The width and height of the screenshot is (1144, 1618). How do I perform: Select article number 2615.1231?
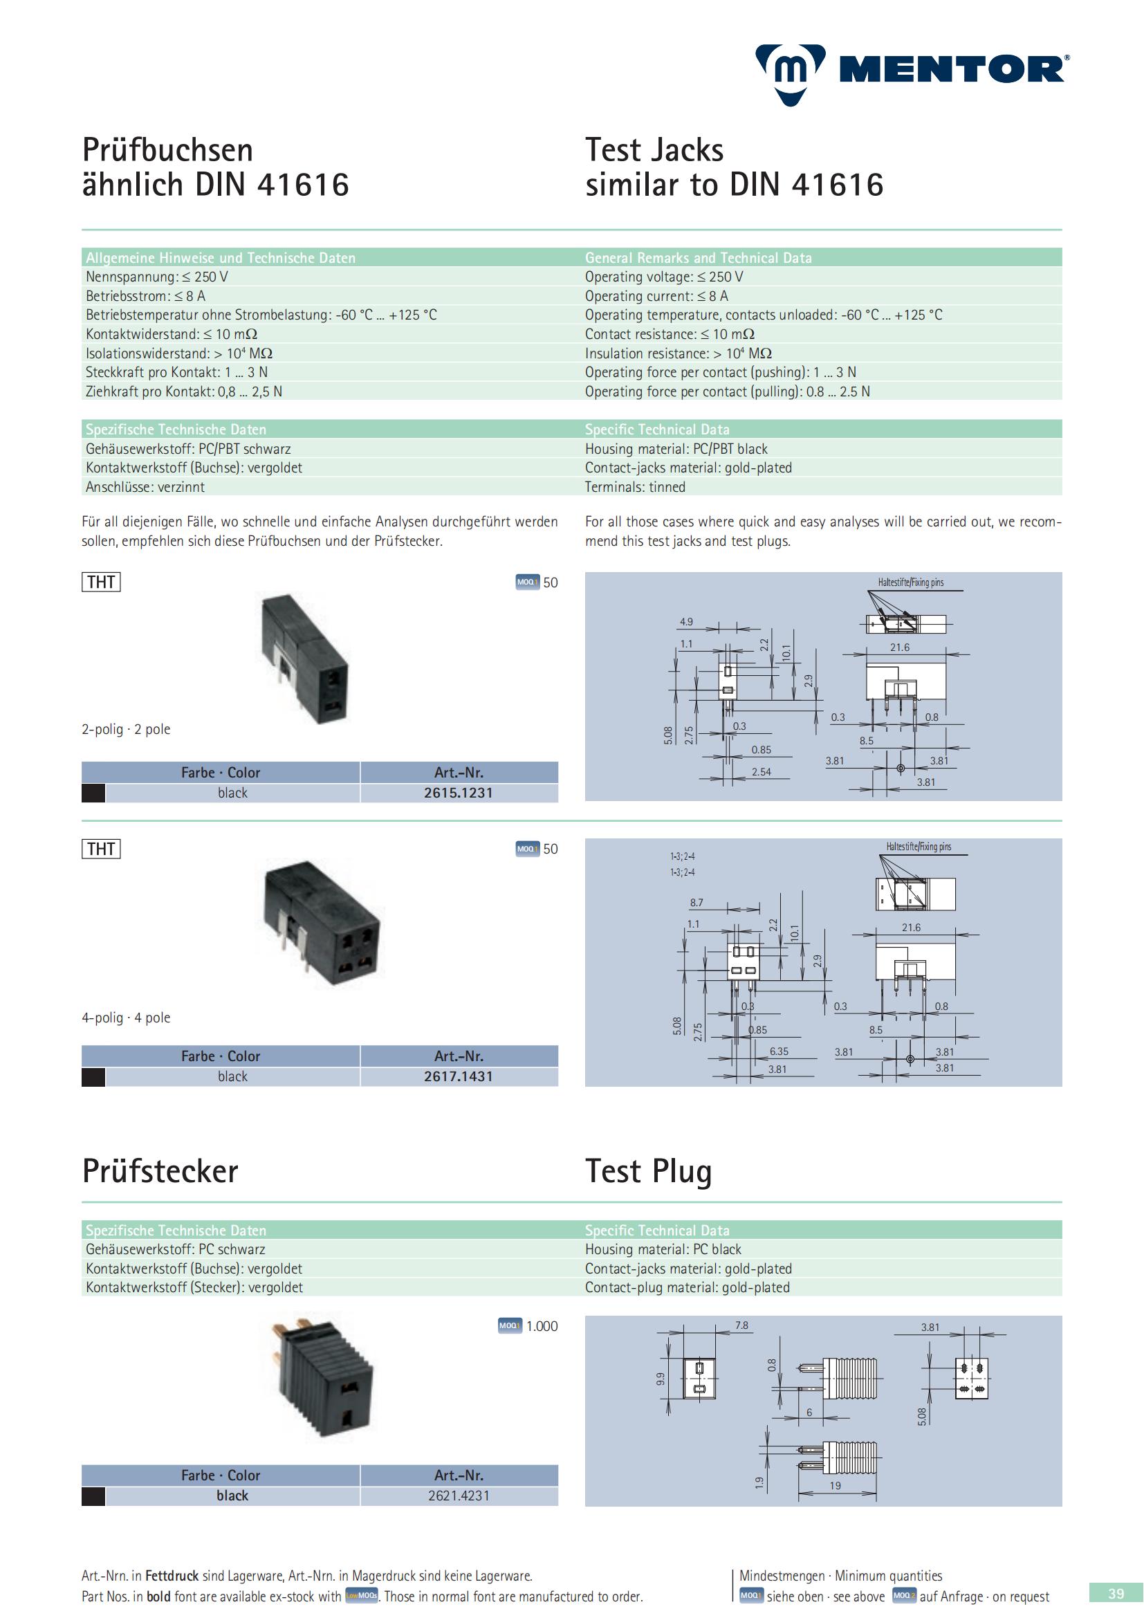coord(459,793)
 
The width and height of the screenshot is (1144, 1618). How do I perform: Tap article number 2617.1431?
coord(459,1076)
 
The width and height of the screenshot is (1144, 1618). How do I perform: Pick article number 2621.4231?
coord(459,1496)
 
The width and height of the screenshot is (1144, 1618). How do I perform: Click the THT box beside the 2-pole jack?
coord(101,582)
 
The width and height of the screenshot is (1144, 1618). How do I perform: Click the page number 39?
coord(1116,1594)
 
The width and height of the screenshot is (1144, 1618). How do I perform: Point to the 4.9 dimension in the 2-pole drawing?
coord(686,622)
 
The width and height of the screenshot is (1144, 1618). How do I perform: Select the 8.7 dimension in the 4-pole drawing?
coord(696,902)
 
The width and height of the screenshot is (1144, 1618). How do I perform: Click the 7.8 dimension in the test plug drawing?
coord(741,1325)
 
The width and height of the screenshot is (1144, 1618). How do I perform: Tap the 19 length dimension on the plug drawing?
coord(836,1485)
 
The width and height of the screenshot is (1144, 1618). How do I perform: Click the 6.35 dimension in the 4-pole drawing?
coord(779,1051)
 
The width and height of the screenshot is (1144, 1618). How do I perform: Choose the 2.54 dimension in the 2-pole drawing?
coord(762,772)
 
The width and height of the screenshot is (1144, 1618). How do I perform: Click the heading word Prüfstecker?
coord(160,1171)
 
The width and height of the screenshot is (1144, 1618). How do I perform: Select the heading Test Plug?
coord(649,1171)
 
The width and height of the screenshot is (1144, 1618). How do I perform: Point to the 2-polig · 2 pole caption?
coord(126,729)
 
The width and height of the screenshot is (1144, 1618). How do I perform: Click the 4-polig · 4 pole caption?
coord(126,1018)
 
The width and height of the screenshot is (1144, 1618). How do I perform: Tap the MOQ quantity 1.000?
coord(542,1326)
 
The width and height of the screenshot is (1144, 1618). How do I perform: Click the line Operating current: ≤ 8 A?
coord(656,296)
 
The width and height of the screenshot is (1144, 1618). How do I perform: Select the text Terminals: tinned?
coord(636,487)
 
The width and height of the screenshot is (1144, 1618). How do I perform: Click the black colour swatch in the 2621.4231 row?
coord(93,1496)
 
